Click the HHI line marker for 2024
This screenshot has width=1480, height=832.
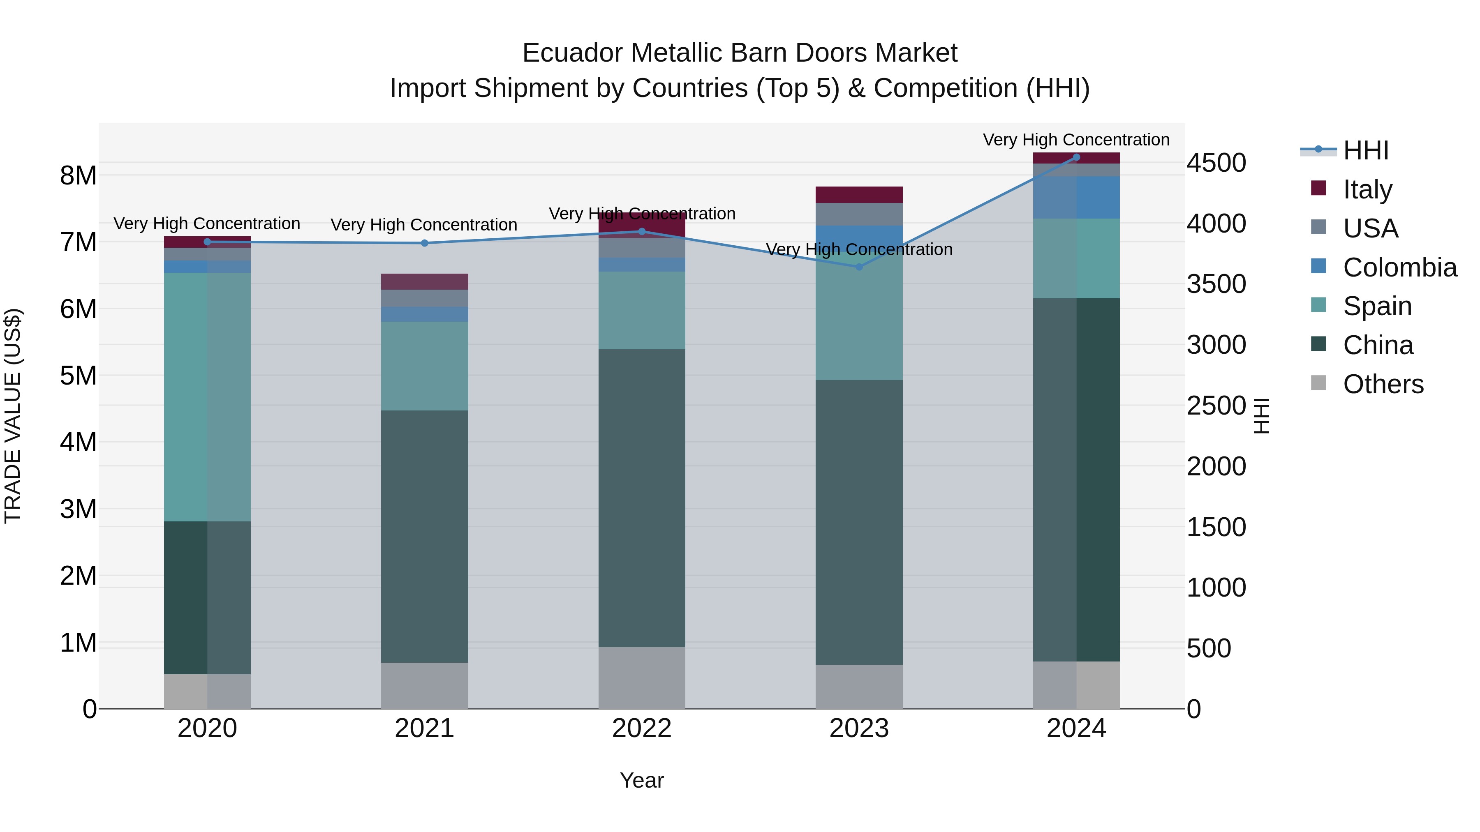coord(1076,157)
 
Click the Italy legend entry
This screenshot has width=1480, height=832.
coord(1367,189)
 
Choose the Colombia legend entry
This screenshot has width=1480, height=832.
coord(1399,267)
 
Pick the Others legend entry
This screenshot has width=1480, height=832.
coord(1383,384)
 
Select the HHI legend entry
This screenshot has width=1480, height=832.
coord(1366,150)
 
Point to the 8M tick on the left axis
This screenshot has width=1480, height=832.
coord(78,176)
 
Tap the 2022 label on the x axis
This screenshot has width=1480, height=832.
coord(642,728)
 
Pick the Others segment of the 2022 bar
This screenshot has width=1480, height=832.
coord(642,678)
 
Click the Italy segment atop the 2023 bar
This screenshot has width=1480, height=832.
coord(859,195)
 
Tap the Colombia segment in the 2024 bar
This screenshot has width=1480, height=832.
coord(1076,198)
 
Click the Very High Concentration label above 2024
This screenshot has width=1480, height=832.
coord(1076,140)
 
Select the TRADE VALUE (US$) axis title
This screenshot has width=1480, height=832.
coord(13,416)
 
